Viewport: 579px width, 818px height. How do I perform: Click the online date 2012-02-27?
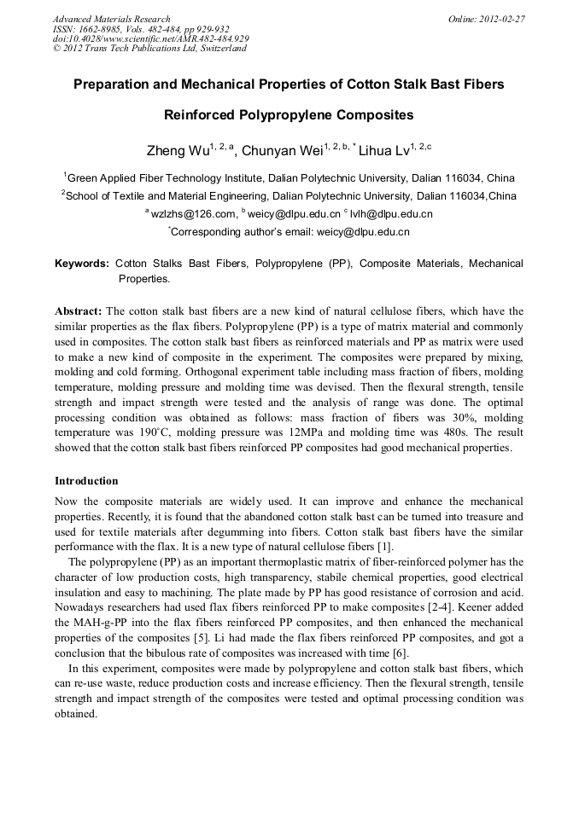point(501,19)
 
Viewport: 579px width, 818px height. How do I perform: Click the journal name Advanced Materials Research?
point(112,19)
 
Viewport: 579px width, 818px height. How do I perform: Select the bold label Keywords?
point(82,264)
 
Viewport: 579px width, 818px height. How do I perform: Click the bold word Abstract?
point(79,312)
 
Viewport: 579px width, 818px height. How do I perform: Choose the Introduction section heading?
point(86,481)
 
